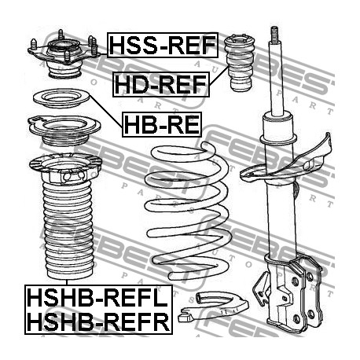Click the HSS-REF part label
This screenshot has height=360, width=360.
(x=163, y=45)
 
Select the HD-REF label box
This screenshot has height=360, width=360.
(x=161, y=84)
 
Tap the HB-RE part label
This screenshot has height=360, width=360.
(x=162, y=125)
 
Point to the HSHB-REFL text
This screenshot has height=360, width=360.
(x=97, y=298)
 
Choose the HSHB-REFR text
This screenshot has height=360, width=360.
(x=98, y=321)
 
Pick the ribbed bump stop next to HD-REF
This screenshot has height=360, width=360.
(x=240, y=63)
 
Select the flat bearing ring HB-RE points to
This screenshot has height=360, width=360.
(x=61, y=98)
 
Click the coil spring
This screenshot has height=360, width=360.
(x=188, y=211)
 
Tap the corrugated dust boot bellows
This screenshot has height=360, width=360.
(x=68, y=230)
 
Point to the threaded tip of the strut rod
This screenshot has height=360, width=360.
(x=274, y=34)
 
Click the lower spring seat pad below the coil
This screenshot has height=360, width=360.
(x=213, y=306)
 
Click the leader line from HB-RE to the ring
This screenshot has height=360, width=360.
(x=106, y=112)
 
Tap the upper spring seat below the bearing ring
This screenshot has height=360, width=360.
(x=64, y=130)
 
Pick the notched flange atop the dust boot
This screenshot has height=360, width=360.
(x=65, y=167)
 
